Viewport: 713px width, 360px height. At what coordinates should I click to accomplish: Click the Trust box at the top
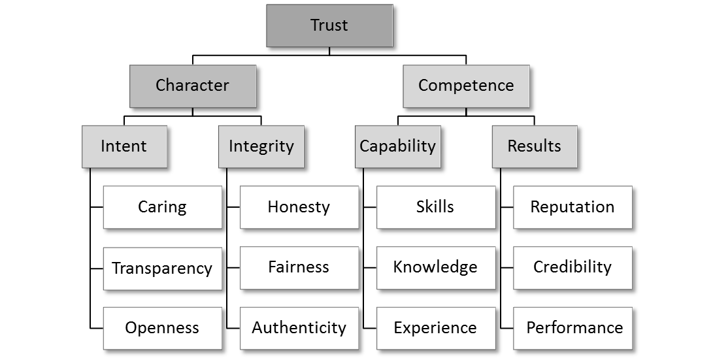click(x=329, y=26)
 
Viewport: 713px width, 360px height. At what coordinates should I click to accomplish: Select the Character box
click(x=193, y=86)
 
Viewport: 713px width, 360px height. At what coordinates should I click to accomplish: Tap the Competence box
click(x=466, y=86)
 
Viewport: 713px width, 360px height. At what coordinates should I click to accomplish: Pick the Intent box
click(x=124, y=146)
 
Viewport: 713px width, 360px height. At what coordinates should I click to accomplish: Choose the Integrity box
click(x=261, y=146)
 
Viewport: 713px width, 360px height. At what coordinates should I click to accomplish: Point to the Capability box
click(x=397, y=146)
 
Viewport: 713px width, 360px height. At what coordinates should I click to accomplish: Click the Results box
click(x=534, y=146)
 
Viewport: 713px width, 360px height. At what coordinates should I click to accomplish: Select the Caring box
click(x=162, y=207)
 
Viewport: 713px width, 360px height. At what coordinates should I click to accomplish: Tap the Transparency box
click(x=162, y=268)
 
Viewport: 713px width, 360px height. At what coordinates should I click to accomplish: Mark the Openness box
click(x=162, y=328)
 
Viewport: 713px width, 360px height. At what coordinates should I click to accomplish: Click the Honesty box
click(x=299, y=207)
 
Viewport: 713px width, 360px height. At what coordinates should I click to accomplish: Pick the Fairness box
click(x=299, y=267)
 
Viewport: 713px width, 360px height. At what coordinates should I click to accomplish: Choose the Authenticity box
click(x=299, y=328)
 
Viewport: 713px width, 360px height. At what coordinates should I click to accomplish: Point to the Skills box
click(x=435, y=207)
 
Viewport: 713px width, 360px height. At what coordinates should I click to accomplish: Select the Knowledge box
click(x=435, y=267)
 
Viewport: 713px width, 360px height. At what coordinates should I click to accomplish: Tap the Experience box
click(x=435, y=328)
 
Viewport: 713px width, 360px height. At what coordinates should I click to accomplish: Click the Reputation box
click(x=572, y=207)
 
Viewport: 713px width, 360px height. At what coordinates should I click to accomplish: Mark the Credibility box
click(x=572, y=267)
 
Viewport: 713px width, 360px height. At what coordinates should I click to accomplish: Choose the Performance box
click(x=572, y=328)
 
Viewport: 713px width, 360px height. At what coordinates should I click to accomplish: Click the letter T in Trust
click(x=314, y=25)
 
